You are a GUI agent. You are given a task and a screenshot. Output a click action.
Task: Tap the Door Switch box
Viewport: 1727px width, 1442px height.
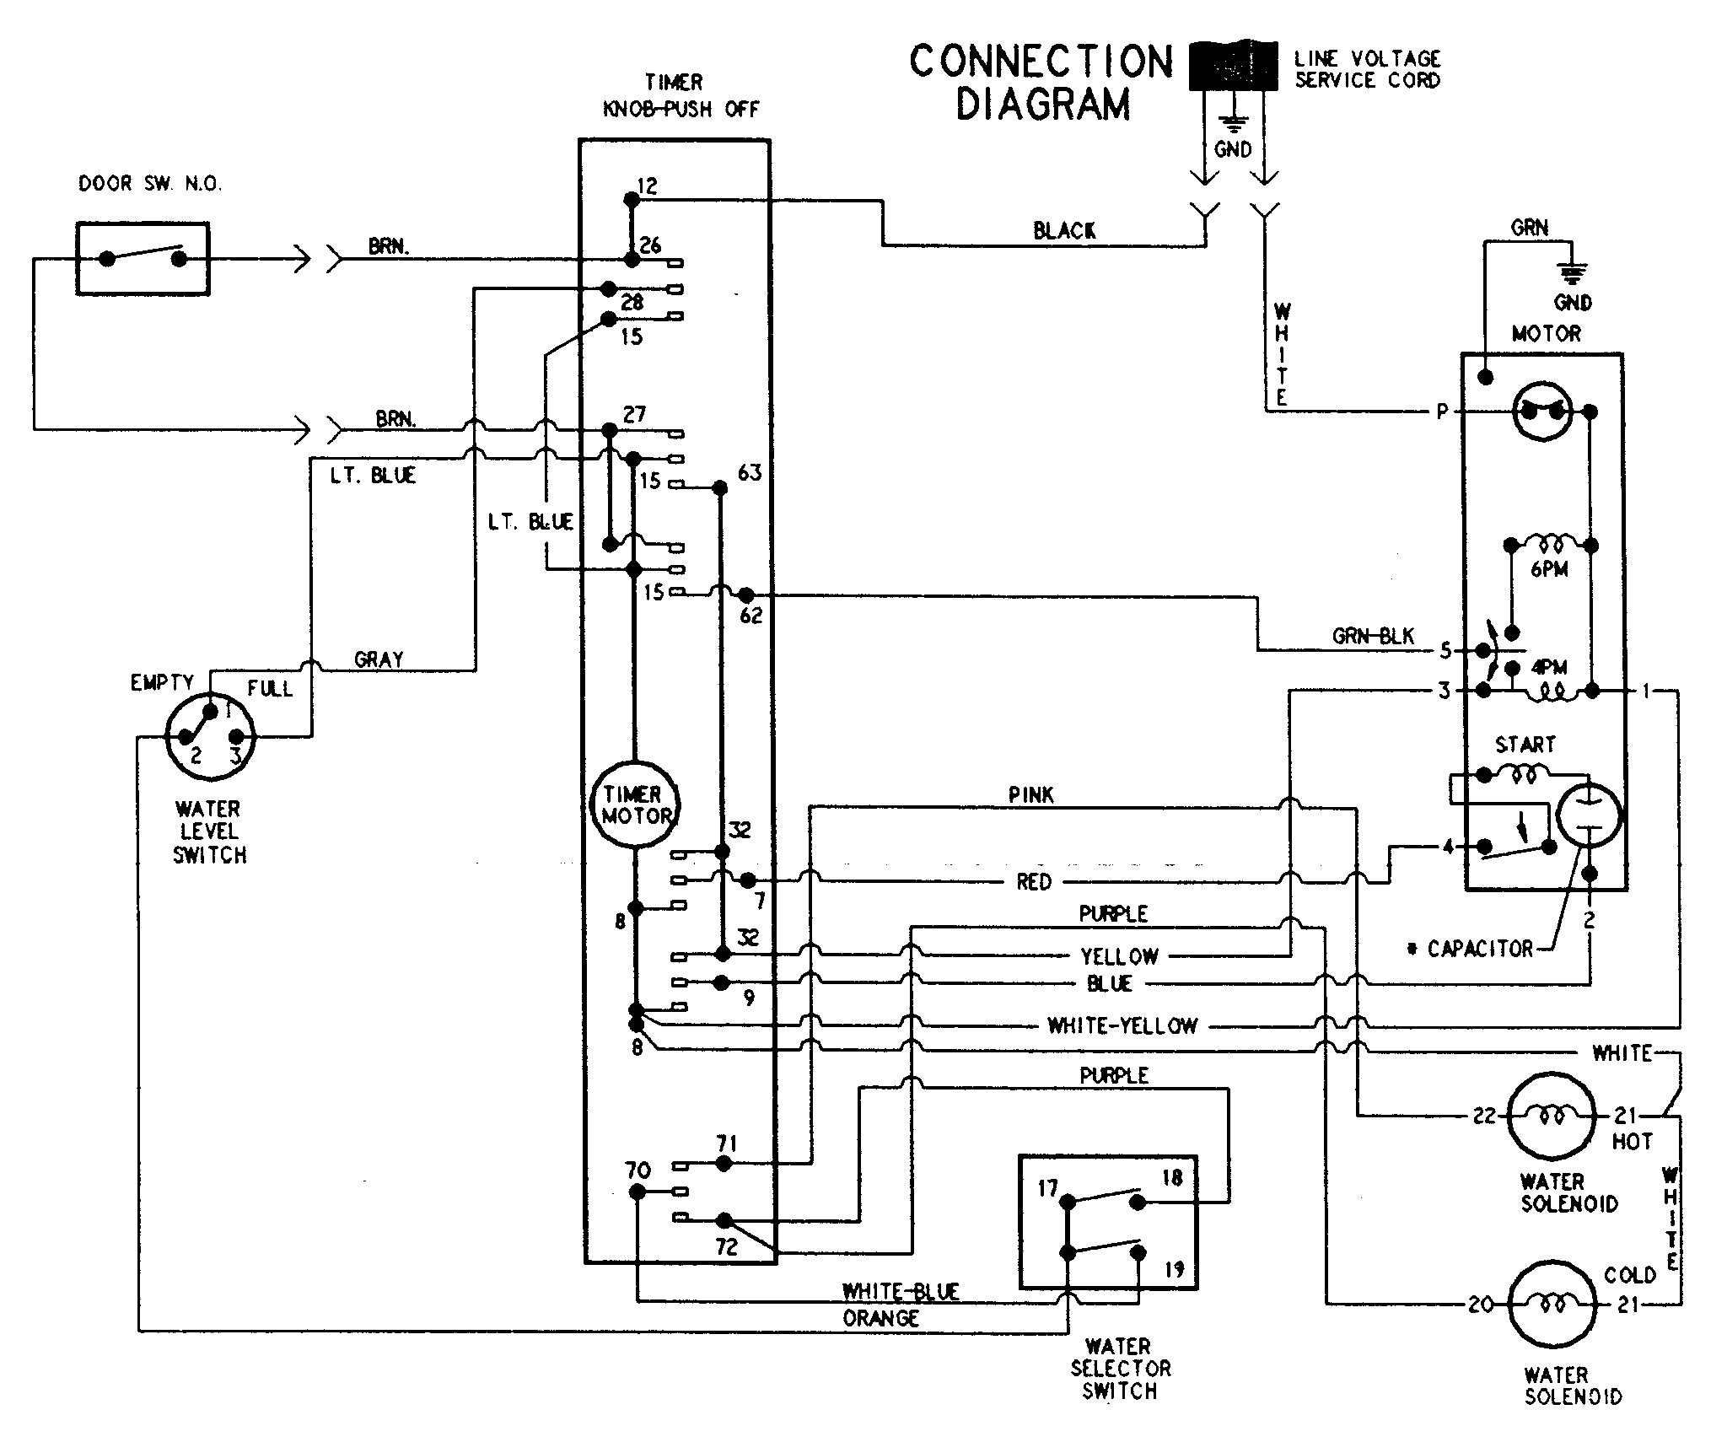tap(143, 259)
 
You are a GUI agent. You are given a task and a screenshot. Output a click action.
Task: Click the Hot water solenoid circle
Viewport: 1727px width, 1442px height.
tap(1552, 1116)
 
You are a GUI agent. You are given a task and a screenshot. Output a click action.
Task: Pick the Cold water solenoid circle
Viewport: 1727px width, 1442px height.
tap(1552, 1305)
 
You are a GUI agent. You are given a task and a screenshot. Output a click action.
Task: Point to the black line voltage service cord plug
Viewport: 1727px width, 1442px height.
tap(1233, 66)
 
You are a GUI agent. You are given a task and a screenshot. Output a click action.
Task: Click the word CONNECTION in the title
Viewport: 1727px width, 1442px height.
tap(1041, 62)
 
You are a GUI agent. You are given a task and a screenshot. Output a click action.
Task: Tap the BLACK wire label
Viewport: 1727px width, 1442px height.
tap(1064, 230)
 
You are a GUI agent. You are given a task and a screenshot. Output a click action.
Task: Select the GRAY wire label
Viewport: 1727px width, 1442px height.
tap(379, 659)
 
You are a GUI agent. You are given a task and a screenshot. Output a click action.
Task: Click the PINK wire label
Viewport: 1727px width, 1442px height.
tap(1030, 794)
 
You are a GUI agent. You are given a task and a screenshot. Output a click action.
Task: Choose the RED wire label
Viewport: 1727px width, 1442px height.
tap(1034, 882)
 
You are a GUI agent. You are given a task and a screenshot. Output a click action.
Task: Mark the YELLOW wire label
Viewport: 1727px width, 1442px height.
tap(1119, 956)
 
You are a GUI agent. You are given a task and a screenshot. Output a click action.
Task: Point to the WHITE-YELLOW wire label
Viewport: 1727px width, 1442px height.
tap(1122, 1025)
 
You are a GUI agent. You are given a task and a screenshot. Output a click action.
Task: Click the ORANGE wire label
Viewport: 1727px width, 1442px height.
tap(880, 1318)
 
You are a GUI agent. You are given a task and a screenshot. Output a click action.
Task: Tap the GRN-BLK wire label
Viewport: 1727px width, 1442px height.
tap(1372, 637)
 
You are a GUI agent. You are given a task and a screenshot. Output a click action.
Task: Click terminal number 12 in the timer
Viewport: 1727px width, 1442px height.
tap(647, 186)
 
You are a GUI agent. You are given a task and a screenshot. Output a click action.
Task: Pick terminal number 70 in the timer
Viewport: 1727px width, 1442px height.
tap(638, 1170)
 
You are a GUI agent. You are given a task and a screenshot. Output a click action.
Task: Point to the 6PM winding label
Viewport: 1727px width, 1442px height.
tap(1549, 569)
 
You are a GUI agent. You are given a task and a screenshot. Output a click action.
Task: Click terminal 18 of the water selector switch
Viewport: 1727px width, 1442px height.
tap(1172, 1177)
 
